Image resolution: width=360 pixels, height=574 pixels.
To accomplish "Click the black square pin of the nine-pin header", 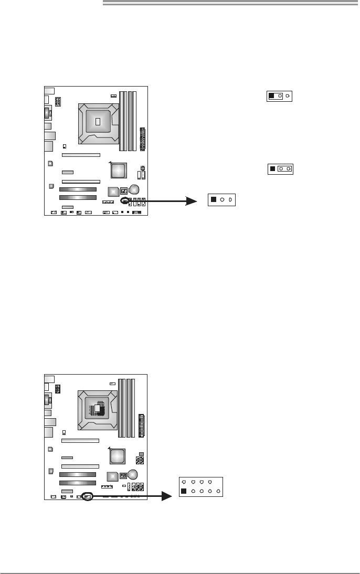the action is [x=184, y=491].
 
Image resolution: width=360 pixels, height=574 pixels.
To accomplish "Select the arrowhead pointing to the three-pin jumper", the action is [x=194, y=200].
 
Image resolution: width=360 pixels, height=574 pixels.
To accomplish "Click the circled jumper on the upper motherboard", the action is [x=125, y=200].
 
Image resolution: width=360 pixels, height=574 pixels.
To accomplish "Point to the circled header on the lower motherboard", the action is [x=88, y=496].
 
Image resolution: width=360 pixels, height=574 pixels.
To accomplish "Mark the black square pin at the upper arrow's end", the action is [x=214, y=200].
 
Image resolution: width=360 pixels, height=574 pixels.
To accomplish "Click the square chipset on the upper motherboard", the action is [x=119, y=170].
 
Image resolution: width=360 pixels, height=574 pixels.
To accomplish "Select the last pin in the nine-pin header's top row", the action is [x=210, y=481].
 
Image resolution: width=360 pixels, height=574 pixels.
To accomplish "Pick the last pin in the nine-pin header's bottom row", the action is [x=218, y=491].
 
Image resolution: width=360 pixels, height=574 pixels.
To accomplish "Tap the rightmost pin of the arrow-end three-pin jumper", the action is [x=230, y=200].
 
